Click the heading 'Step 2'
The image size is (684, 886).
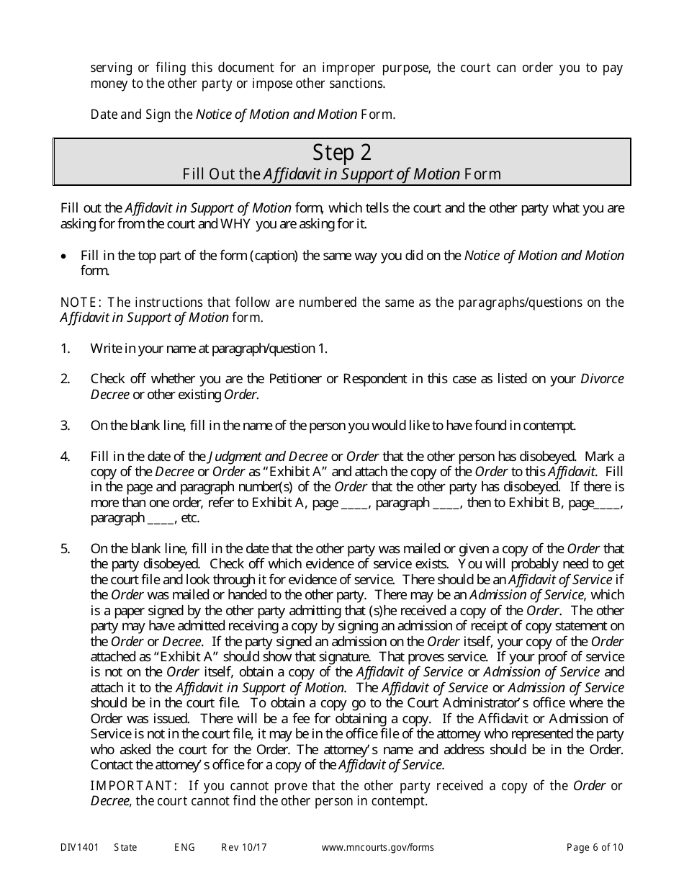pos(342,153)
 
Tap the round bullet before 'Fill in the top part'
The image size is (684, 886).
pos(66,256)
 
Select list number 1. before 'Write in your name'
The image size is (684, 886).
pos(66,349)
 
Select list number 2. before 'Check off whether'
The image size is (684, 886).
pos(66,379)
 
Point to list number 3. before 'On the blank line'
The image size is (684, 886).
pos(66,426)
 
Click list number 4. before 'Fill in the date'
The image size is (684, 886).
pos(66,457)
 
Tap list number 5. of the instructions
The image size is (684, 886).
pos(66,549)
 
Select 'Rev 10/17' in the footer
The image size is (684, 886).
pos(244,848)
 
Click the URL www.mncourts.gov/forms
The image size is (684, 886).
pos(377,848)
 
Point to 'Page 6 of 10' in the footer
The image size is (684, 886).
pos(595,848)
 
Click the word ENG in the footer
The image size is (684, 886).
pos(184,848)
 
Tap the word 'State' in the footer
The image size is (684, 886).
pos(125,848)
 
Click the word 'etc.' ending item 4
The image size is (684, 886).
pos(189,519)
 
